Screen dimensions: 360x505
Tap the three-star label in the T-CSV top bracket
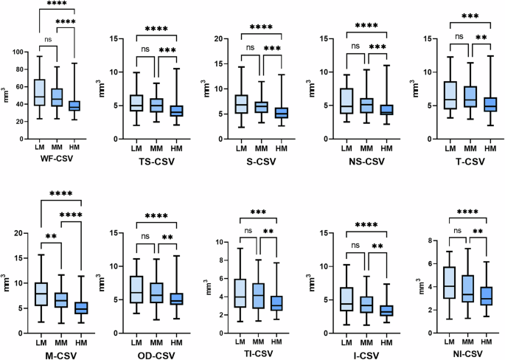click(x=469, y=15)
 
